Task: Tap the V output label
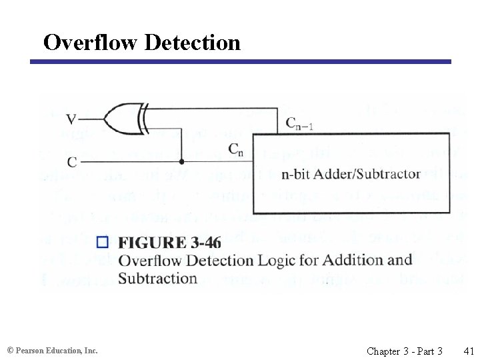pos(71,120)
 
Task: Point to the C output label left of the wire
pos(71,161)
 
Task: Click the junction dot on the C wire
pos(181,161)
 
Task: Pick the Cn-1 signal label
pos(299,123)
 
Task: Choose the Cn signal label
pos(236,150)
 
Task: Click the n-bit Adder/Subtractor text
pos(351,174)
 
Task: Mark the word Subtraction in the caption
pos(157,278)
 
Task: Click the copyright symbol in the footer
pos(10,350)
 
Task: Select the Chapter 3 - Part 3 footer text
pos(404,350)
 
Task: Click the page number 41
pos(468,350)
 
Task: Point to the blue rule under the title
pos(240,62)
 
